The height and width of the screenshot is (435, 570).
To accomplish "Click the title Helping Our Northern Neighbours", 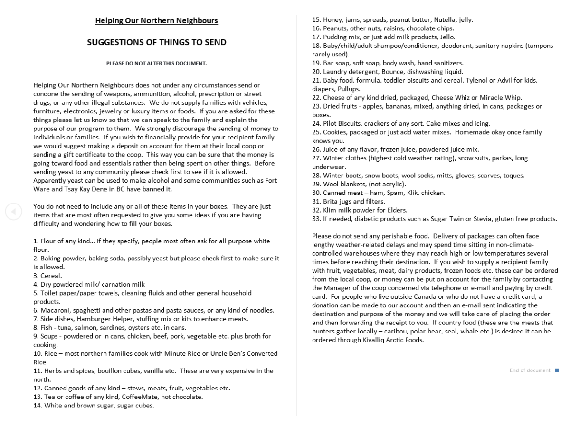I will click(x=157, y=21).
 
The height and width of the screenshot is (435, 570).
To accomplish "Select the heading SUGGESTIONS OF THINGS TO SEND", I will click(x=157, y=43).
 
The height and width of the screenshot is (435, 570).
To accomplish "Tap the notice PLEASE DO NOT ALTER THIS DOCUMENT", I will click(x=157, y=63).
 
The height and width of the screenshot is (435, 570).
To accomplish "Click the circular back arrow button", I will click(x=13, y=212).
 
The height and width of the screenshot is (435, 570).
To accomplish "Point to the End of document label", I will click(x=530, y=370).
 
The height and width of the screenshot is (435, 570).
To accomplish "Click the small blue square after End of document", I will click(x=556, y=370).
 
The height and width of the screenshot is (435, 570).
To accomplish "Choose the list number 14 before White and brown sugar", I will click(x=38, y=406).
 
